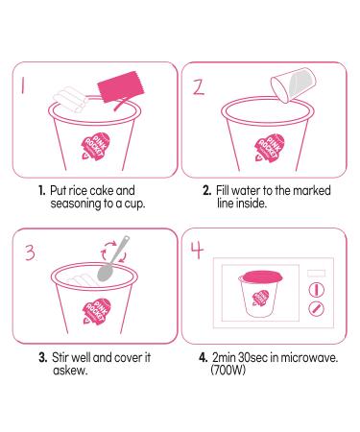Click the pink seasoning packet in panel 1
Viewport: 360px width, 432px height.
click(121, 87)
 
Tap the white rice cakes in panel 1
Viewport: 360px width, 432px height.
click(71, 99)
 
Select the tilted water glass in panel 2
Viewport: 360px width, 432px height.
click(293, 84)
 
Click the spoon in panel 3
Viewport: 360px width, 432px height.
click(113, 258)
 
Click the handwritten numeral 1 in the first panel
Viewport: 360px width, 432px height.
click(23, 86)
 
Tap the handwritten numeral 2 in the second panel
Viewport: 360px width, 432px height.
click(199, 87)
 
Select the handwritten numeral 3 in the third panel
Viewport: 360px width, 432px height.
click(30, 252)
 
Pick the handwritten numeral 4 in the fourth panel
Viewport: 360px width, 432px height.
click(198, 251)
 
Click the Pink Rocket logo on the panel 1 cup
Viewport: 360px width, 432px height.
click(95, 147)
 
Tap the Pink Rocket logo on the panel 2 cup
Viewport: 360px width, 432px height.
click(269, 148)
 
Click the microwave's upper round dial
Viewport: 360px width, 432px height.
click(316, 290)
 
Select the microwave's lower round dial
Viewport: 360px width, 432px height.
click(316, 309)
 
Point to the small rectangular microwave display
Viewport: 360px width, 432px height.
click(316, 274)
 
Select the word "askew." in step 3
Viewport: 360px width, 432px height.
click(70, 371)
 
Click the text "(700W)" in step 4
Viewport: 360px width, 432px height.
click(228, 371)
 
